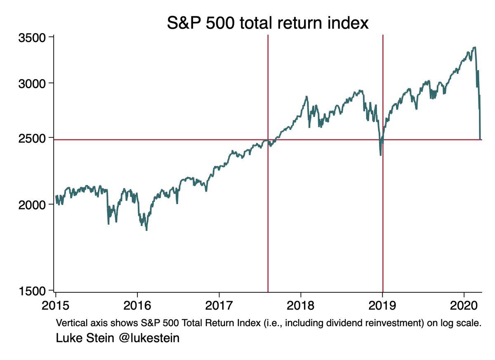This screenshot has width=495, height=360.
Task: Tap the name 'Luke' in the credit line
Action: click(67, 339)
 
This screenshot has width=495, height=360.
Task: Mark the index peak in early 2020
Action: click(474, 47)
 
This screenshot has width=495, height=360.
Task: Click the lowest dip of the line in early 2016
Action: click(146, 230)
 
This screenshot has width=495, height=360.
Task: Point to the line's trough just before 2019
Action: click(380, 155)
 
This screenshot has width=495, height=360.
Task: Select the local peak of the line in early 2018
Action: click(306, 97)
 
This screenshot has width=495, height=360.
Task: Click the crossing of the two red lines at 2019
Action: click(383, 140)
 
